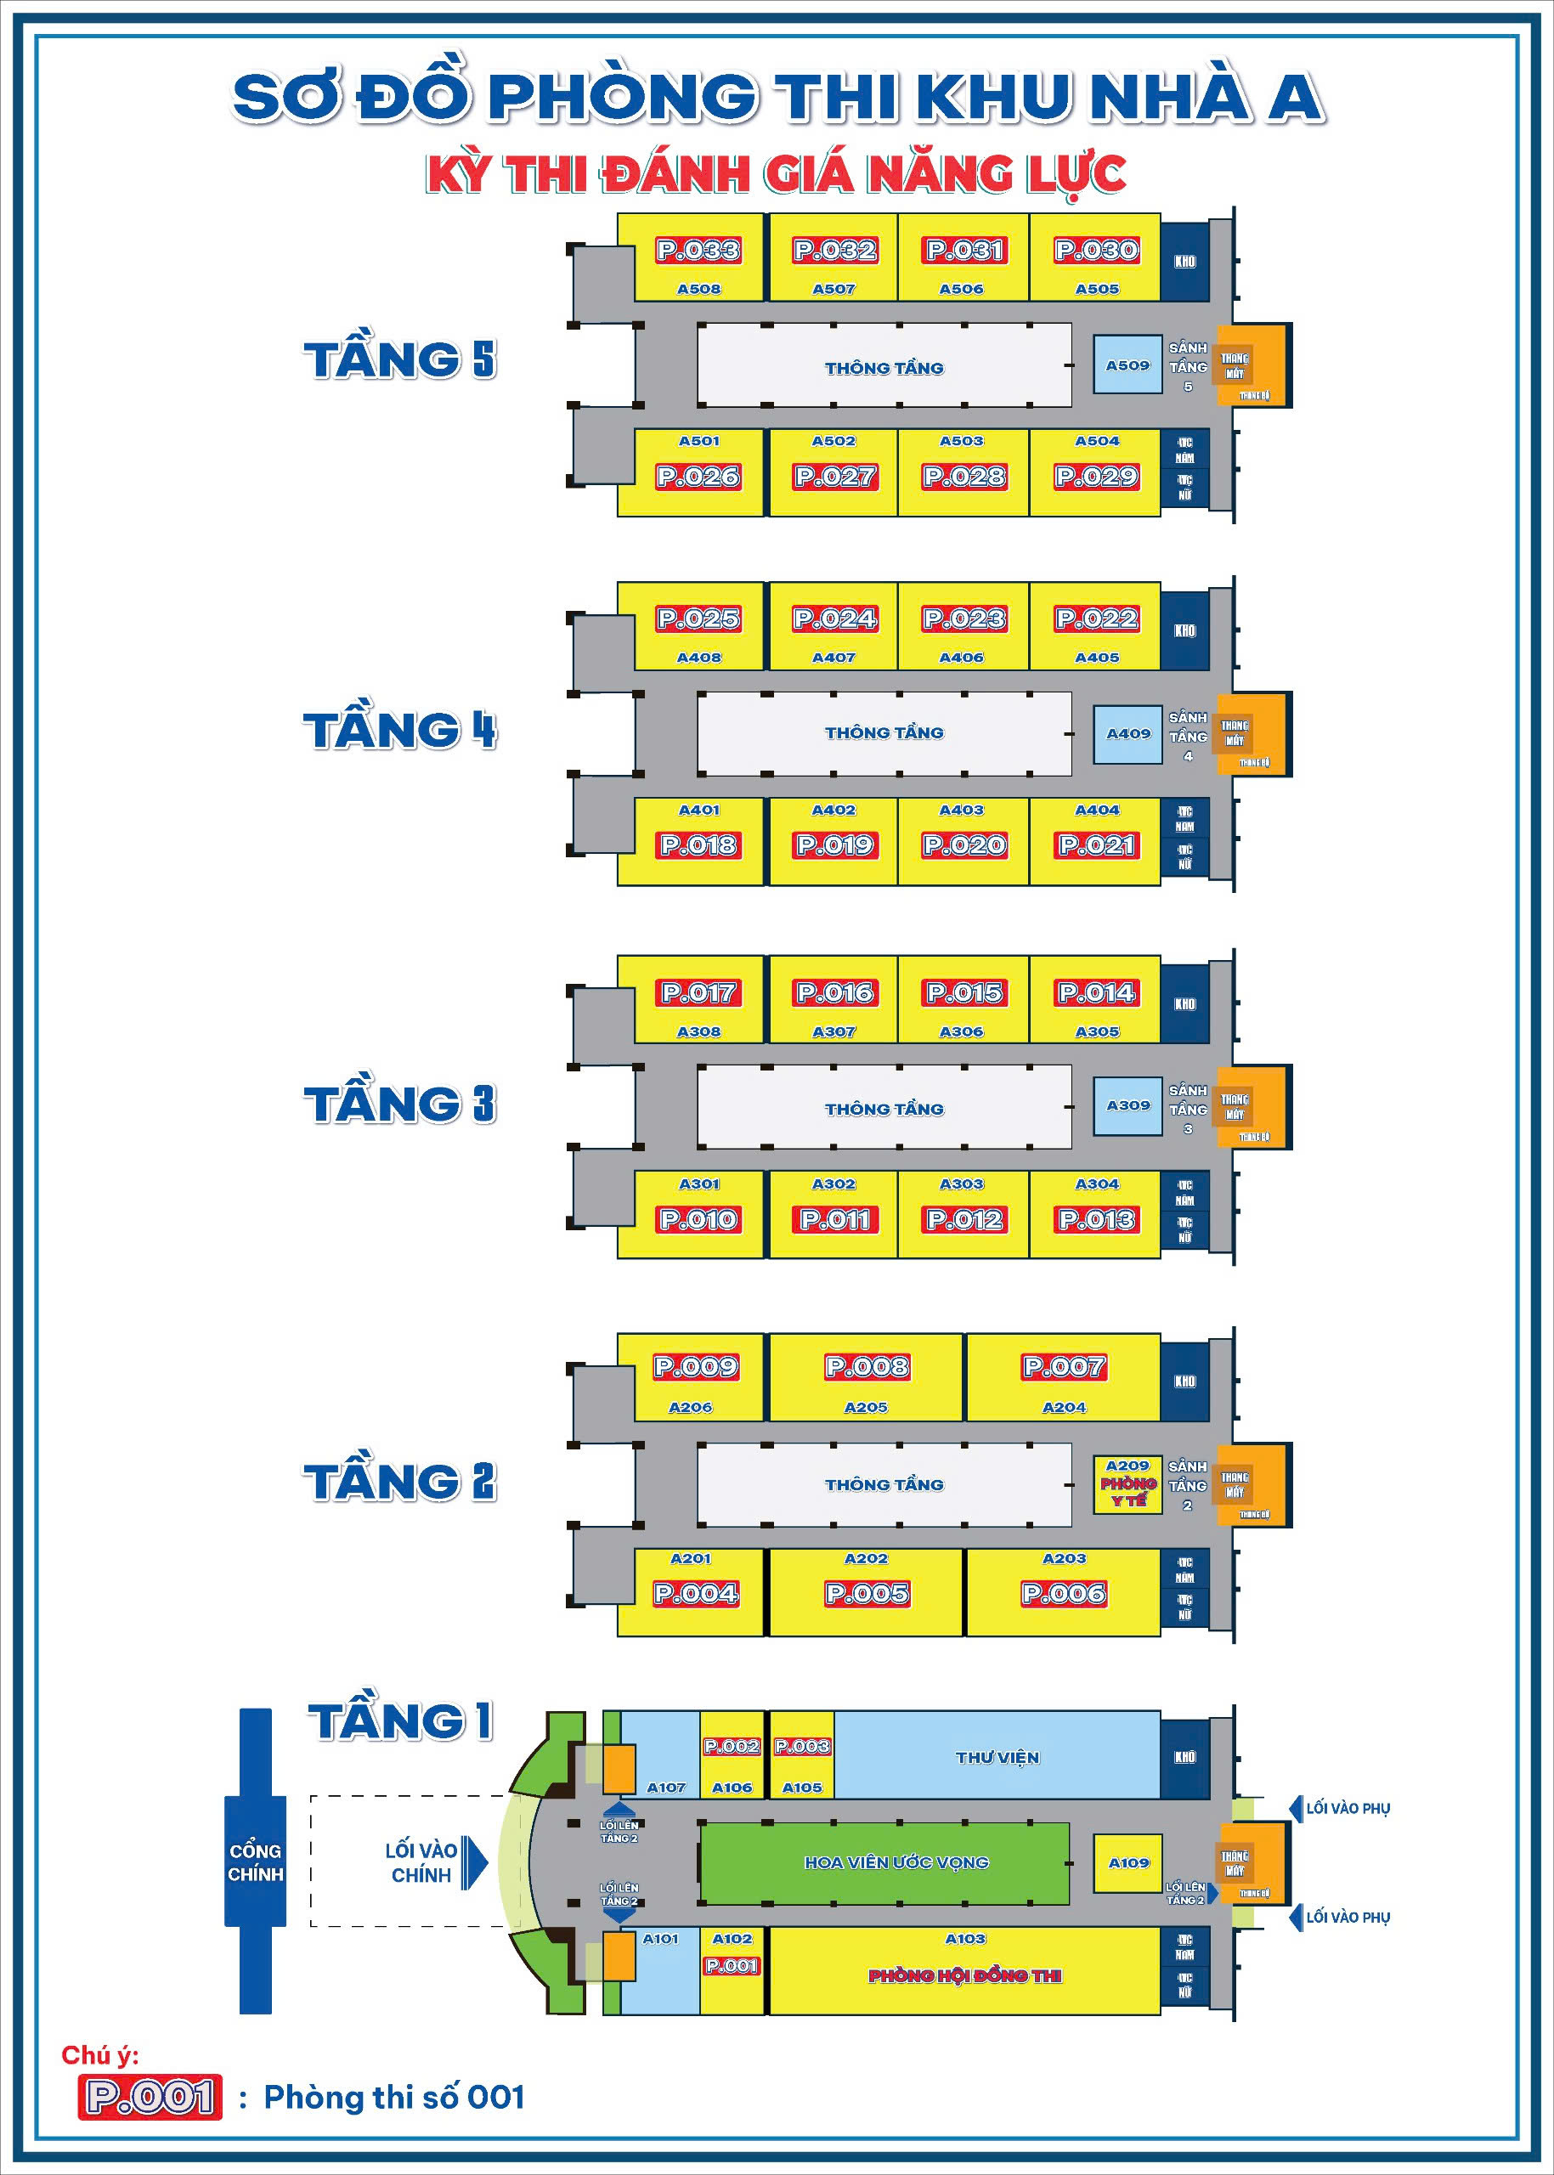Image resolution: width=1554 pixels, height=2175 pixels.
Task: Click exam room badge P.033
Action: (x=698, y=251)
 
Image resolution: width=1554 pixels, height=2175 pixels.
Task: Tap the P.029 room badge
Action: (x=1097, y=477)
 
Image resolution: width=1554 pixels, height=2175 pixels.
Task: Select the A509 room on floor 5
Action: (x=1127, y=365)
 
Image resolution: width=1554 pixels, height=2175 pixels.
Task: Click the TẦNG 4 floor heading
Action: (x=400, y=730)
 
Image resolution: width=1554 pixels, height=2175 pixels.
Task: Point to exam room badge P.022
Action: (x=1097, y=619)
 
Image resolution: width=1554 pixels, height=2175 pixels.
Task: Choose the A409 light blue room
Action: (x=1128, y=734)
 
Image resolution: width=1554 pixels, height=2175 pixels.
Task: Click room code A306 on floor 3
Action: (x=962, y=1031)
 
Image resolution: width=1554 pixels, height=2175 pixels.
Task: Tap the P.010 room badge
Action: (x=698, y=1220)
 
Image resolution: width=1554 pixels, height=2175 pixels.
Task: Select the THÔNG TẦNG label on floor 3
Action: (x=884, y=1109)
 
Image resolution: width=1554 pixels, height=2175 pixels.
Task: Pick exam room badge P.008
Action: (x=867, y=1366)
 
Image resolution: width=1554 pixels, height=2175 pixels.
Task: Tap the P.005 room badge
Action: (x=867, y=1593)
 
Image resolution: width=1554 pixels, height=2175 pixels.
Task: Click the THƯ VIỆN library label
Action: (x=997, y=1758)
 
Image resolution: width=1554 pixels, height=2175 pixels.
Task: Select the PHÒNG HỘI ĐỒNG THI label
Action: (x=964, y=1976)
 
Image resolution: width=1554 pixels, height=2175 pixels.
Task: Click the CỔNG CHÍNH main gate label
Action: (x=256, y=1862)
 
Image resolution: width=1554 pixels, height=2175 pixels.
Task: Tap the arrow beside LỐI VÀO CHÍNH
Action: (x=475, y=1862)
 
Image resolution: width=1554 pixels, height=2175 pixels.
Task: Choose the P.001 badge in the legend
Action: (x=150, y=2098)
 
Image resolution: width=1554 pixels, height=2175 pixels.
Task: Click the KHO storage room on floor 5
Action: (x=1184, y=261)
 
